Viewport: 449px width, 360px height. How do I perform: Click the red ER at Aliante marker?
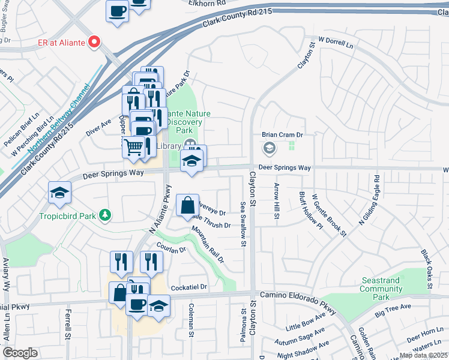94,41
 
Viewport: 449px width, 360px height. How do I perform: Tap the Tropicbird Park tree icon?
105,215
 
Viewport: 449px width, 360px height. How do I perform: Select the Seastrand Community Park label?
381,289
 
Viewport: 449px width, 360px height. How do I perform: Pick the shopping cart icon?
133,146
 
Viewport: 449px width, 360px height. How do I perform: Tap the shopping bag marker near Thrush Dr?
187,204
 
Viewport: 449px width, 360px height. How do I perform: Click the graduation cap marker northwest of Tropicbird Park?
60,192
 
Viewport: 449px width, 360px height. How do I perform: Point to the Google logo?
20,353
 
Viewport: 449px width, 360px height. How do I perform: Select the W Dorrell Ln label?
336,43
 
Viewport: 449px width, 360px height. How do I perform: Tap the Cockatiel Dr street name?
188,287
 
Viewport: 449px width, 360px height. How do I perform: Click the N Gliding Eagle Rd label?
369,200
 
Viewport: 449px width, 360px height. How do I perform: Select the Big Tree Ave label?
393,310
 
